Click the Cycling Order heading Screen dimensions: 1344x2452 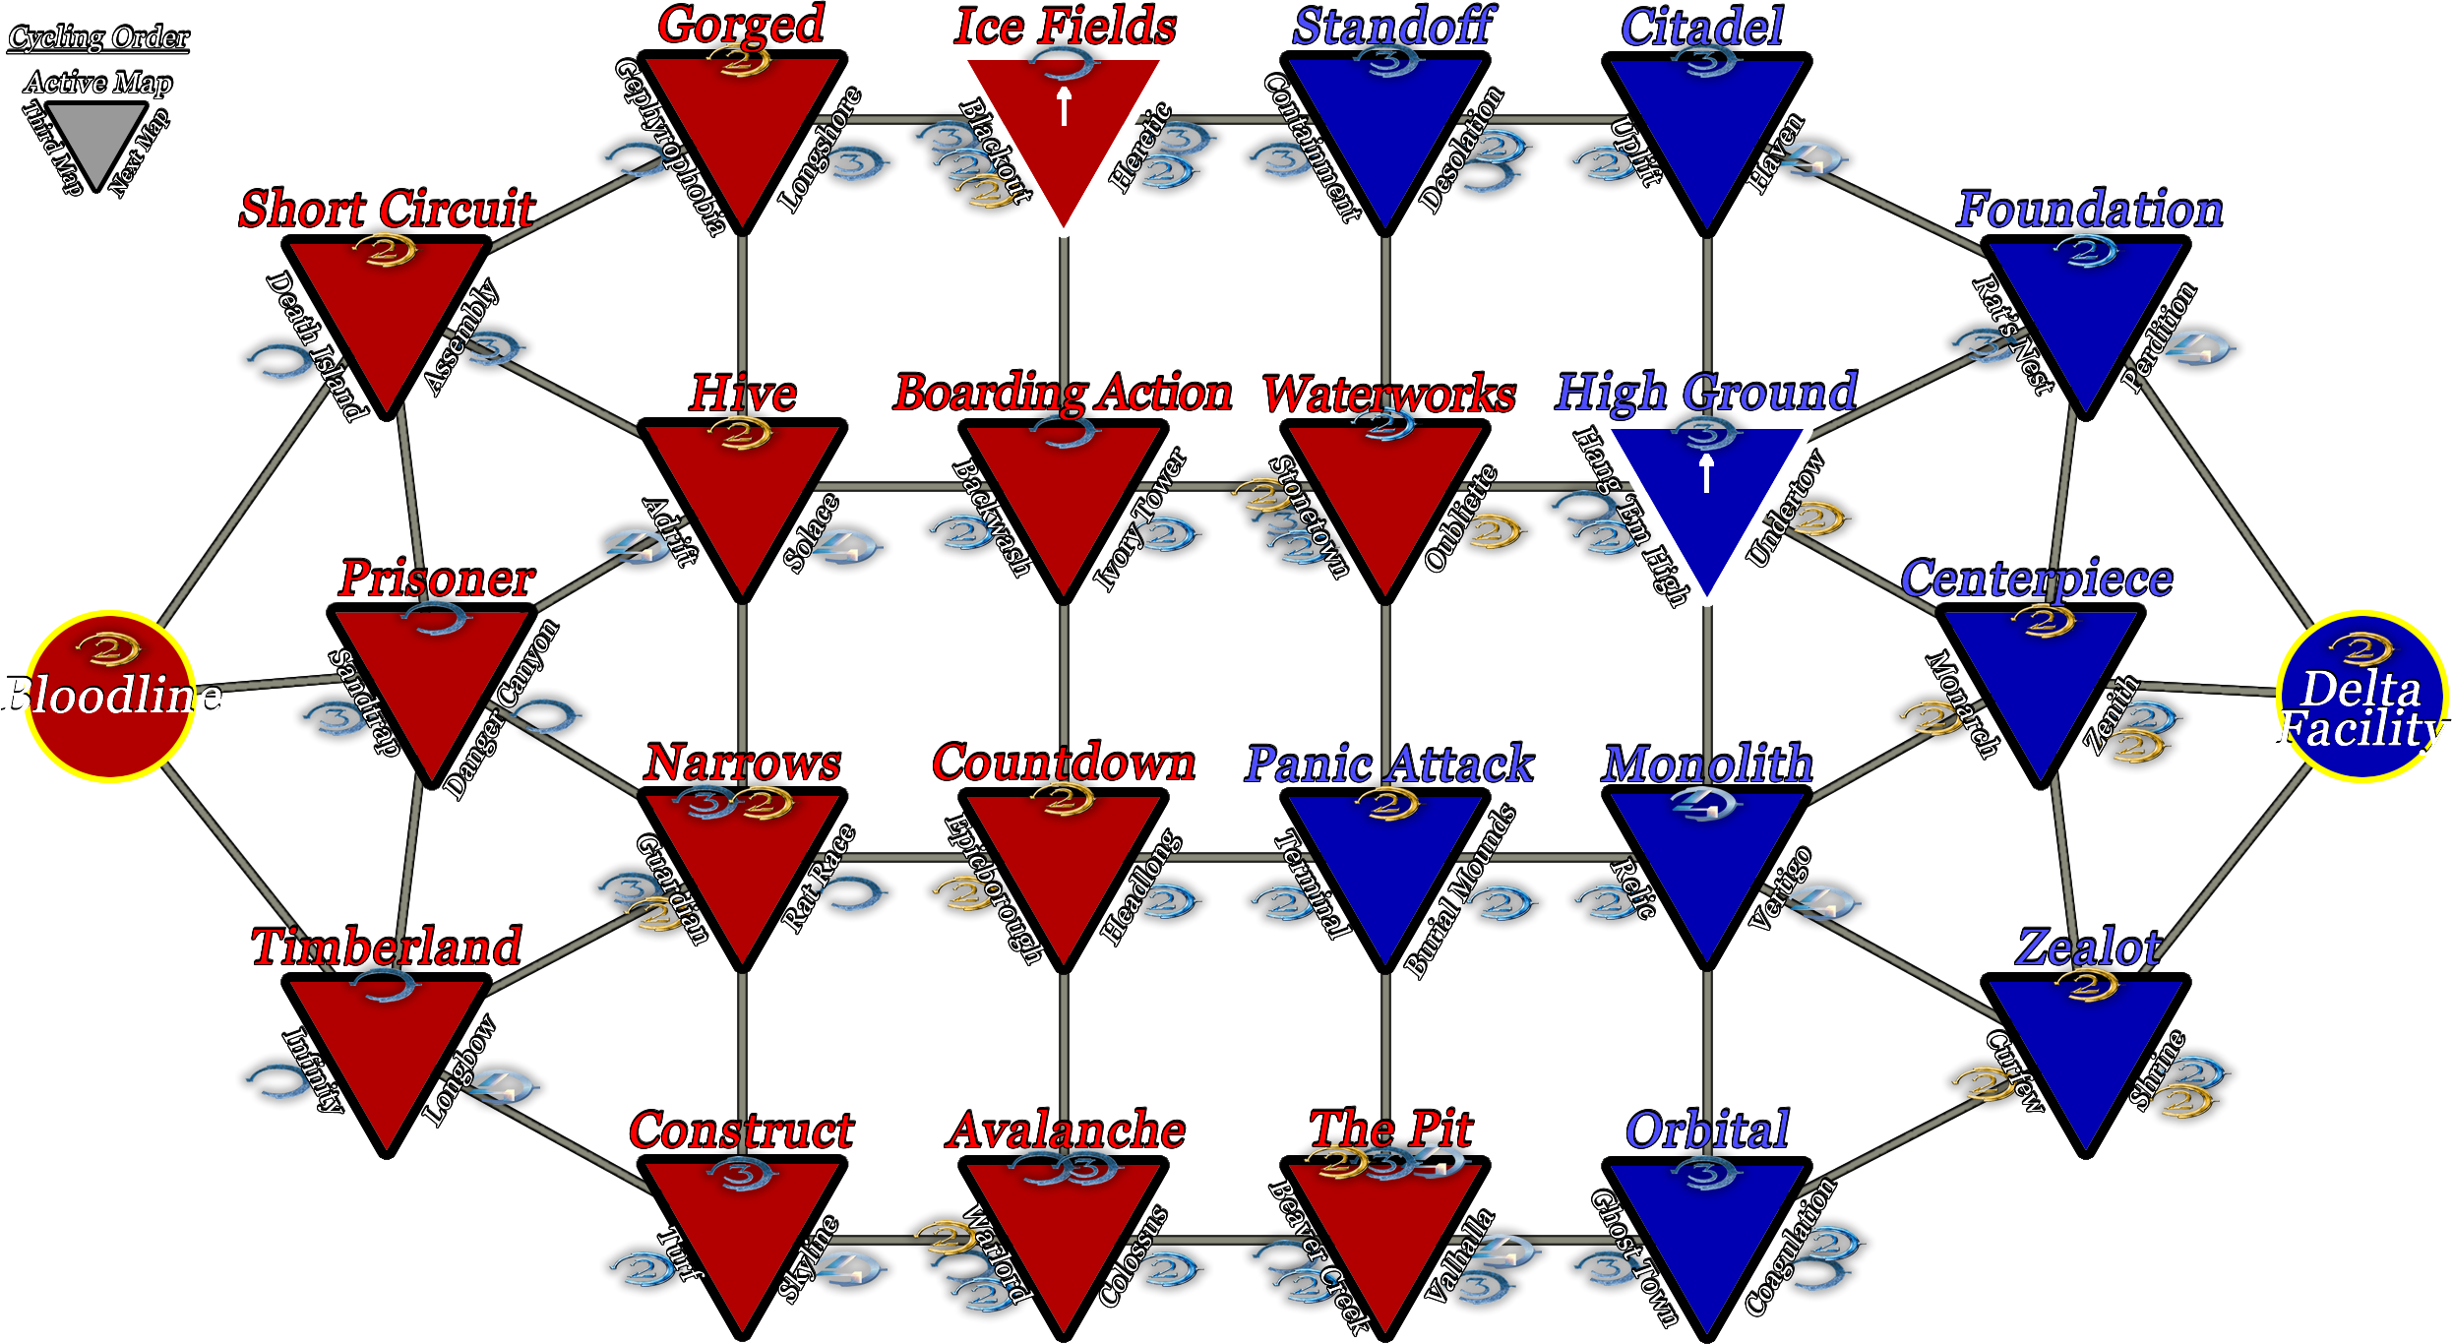pyautogui.click(x=98, y=37)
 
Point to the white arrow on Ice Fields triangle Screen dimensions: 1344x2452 pyautogui.click(x=1064, y=106)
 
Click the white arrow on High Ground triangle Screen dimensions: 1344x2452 pyautogui.click(x=1707, y=473)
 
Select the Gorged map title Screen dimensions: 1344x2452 pyautogui.click(x=742, y=25)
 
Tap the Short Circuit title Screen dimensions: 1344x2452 pyautogui.click(x=388, y=209)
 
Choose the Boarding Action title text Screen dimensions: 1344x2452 pyautogui.click(x=1063, y=393)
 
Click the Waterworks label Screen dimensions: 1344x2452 pyautogui.click(x=1388, y=395)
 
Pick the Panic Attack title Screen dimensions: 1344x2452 pyautogui.click(x=1388, y=764)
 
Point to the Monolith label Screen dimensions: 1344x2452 pyautogui.click(x=1707, y=764)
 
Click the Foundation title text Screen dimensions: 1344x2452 pyautogui.click(x=2089, y=209)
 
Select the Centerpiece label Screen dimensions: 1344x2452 pyautogui.click(x=2037, y=579)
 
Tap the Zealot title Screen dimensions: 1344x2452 pyautogui.click(x=2088, y=947)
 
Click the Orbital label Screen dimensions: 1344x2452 pyautogui.click(x=1707, y=1130)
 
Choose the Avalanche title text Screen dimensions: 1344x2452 pyautogui.click(x=1065, y=1130)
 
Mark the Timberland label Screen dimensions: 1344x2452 pyautogui.click(x=387, y=947)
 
